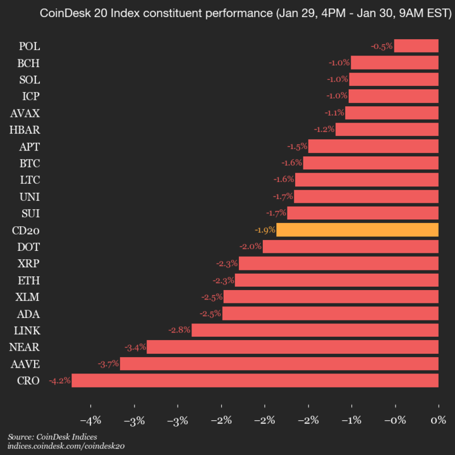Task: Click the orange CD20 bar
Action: tap(357, 230)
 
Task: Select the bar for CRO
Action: tap(255, 380)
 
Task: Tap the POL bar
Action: tap(416, 45)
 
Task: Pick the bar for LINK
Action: tap(315, 330)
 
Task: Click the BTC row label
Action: tap(30, 163)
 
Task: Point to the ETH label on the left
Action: tap(30, 280)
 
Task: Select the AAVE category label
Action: tap(25, 364)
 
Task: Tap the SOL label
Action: tap(30, 80)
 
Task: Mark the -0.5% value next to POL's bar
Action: tap(382, 46)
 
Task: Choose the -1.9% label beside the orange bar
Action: tap(264, 230)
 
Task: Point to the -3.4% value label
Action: tap(135, 347)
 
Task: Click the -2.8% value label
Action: tap(179, 330)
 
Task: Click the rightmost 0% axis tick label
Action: tap(437, 420)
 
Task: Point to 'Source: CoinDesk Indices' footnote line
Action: tap(52, 437)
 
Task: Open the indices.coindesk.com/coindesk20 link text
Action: tap(66, 446)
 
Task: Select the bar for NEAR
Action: tap(293, 347)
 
